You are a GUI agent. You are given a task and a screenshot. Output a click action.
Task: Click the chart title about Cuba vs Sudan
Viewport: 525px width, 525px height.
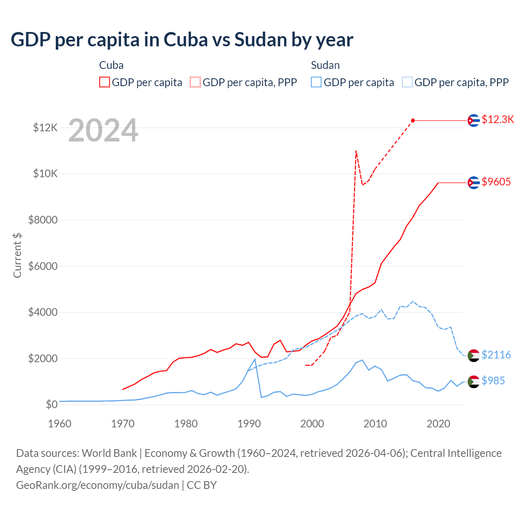tap(182, 40)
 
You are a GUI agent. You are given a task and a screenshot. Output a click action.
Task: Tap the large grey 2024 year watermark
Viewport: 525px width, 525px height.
tap(103, 130)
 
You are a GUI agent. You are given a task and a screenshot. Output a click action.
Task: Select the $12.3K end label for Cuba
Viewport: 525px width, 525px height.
tap(498, 119)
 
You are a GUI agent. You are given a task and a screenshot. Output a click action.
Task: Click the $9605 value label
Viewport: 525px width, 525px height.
tap(496, 182)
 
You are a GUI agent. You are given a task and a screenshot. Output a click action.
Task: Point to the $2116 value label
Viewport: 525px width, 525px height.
tap(496, 355)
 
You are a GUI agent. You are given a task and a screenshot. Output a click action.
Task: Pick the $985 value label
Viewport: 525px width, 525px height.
tap(493, 381)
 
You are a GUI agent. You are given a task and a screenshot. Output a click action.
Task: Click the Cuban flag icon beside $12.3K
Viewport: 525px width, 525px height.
tap(474, 120)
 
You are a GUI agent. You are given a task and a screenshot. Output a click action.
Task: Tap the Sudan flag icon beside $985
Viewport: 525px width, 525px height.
tap(474, 381)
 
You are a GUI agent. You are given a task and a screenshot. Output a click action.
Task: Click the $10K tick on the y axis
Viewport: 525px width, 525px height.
tap(45, 173)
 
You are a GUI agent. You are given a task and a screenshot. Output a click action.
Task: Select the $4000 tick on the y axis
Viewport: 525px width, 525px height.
tap(43, 312)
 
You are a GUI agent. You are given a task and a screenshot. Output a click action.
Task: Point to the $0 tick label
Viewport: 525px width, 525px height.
tap(51, 404)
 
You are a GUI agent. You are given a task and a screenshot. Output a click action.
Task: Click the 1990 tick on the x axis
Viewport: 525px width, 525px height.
tap(249, 424)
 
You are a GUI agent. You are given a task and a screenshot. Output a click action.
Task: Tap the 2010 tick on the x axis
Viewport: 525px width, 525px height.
tap(375, 424)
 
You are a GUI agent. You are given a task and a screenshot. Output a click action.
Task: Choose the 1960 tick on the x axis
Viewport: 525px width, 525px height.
tap(60, 424)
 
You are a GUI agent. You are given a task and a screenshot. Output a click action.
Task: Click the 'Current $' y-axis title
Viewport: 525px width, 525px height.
tap(17, 255)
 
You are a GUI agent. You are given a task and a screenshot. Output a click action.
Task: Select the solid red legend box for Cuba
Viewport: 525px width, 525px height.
tap(105, 82)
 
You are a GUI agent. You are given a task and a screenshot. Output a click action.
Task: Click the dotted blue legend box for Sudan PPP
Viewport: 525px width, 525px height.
tap(407, 82)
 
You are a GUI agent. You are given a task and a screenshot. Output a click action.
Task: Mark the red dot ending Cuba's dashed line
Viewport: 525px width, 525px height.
tap(413, 120)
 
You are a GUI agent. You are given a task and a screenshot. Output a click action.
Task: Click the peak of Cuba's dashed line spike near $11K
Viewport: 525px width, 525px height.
tap(356, 151)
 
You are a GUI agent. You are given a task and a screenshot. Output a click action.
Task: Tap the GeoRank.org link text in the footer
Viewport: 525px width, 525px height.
tap(97, 485)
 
